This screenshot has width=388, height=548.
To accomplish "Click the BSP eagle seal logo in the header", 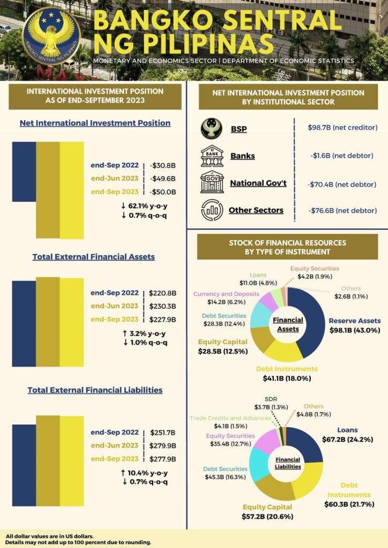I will point(51,36).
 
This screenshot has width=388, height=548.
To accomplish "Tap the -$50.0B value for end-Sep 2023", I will point(163,192).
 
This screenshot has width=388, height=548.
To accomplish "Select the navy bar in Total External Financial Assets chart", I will point(24,323).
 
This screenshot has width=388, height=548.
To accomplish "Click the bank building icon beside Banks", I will point(212,156).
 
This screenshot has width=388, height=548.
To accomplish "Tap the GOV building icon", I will point(212,183).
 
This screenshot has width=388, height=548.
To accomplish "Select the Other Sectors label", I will point(256,210).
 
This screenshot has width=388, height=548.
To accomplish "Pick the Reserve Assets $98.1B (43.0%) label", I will point(354,325).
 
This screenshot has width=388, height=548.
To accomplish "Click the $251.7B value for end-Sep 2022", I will point(162,432).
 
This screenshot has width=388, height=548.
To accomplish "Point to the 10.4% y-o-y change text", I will point(145,473).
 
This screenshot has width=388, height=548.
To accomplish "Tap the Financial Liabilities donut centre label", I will point(288,463).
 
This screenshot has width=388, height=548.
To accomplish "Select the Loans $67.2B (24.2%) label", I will point(347,435).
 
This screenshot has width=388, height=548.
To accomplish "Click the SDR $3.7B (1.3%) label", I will point(272,403).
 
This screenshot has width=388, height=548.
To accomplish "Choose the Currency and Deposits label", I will point(226,298).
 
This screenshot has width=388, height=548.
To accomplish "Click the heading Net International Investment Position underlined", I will point(95,123).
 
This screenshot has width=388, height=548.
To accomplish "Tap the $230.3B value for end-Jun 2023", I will point(162,306).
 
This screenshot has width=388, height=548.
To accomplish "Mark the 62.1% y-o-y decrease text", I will point(145,205).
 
